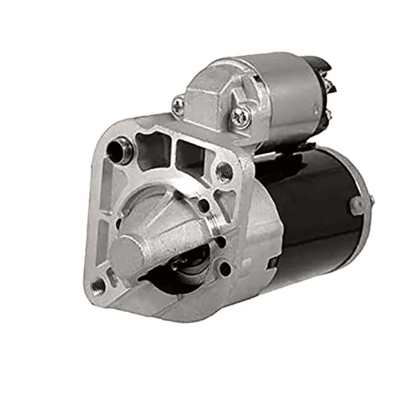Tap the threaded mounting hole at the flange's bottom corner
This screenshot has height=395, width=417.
98,286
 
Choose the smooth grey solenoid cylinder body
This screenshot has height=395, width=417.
285,99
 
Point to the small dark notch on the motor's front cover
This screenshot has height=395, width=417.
272,262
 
